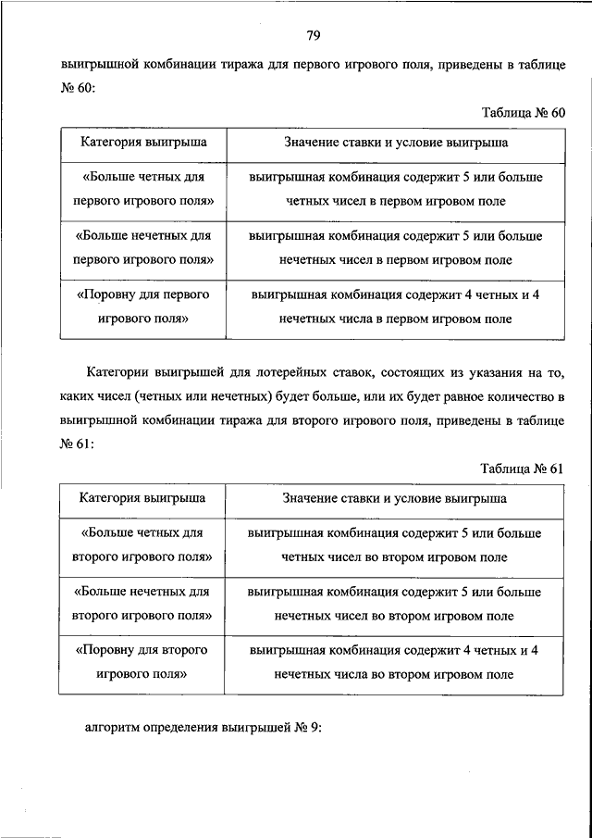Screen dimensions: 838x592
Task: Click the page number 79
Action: [x=313, y=36]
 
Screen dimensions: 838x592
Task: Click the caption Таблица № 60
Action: [x=523, y=112]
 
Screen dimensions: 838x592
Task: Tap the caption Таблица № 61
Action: [x=523, y=468]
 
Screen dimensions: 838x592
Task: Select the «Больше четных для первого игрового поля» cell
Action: [x=142, y=188]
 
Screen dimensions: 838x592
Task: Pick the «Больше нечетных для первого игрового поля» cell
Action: [x=142, y=248]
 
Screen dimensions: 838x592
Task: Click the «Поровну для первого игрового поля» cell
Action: [x=142, y=307]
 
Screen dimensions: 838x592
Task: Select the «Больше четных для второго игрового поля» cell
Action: [x=142, y=544]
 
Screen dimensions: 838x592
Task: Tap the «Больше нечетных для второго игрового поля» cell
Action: [x=142, y=603]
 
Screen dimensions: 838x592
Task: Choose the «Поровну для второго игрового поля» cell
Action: [x=142, y=663]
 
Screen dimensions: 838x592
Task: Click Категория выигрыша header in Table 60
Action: [x=142, y=144]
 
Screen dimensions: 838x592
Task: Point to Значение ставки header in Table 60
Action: [x=395, y=144]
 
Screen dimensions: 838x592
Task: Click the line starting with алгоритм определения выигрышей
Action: [x=203, y=727]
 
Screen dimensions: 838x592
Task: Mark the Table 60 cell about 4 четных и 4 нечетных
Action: [x=395, y=307]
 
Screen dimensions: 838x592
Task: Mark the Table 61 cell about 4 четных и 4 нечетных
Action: [x=395, y=663]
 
